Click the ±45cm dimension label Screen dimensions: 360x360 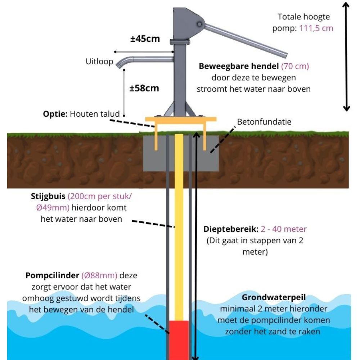point(145,39)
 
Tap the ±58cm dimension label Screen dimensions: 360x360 point(144,88)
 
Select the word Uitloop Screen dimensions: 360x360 point(99,62)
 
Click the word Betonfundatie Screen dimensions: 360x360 point(264,122)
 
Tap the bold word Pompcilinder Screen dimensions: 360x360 point(52,276)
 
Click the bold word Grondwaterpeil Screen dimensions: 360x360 point(274,298)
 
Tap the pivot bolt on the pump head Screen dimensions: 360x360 point(199,24)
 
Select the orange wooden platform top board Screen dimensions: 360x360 point(181,119)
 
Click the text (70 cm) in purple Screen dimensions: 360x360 point(295,66)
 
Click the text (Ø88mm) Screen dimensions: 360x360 point(100,276)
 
